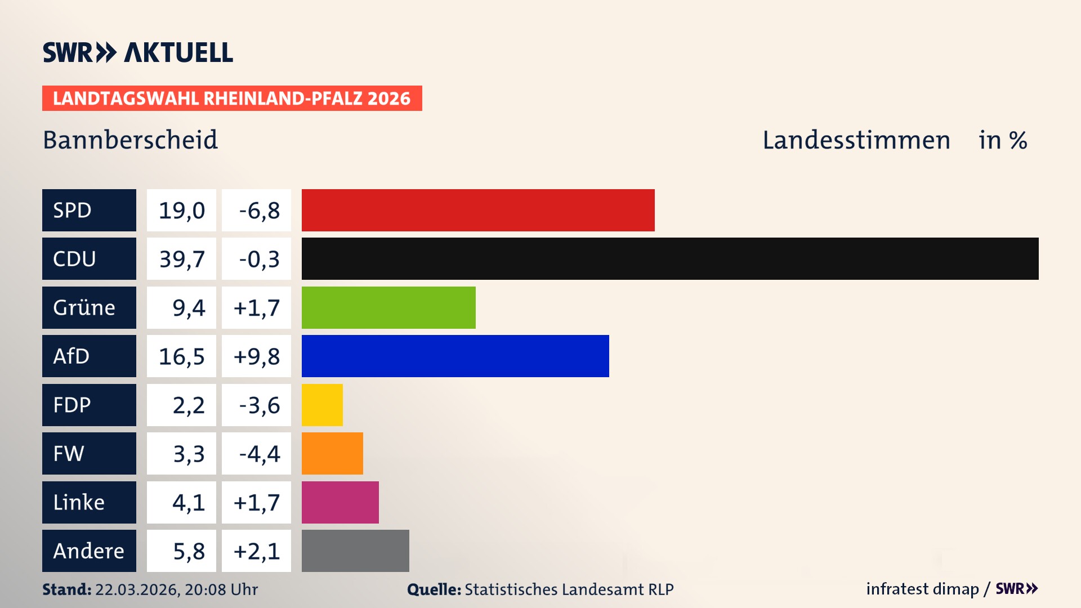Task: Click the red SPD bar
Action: click(478, 210)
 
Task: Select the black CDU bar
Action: click(670, 258)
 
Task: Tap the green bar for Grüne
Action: click(388, 307)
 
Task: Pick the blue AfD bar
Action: click(455, 356)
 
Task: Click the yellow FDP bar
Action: click(322, 405)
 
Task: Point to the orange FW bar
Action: click(332, 453)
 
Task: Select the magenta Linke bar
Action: click(340, 502)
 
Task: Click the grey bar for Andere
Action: click(355, 551)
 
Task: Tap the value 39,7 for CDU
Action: click(181, 259)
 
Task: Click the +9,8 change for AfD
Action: click(257, 356)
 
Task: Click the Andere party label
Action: click(89, 551)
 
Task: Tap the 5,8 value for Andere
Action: click(188, 551)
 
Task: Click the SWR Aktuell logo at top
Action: click(138, 52)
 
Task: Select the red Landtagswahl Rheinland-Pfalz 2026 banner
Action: click(232, 99)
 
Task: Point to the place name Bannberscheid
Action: click(130, 140)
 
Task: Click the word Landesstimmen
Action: click(856, 140)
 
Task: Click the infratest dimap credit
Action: click(922, 589)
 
